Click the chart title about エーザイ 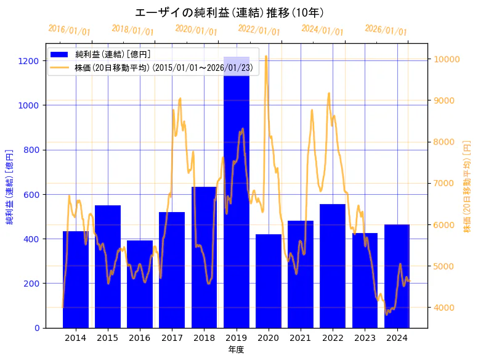(229, 12)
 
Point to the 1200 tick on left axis (30, 61)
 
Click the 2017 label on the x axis (172, 338)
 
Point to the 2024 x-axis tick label (397, 338)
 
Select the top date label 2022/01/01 (259, 31)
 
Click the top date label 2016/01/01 (69, 30)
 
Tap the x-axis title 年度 (236, 350)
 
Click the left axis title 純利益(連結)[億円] (10, 186)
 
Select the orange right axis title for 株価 (467, 186)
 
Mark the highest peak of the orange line (265, 56)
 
